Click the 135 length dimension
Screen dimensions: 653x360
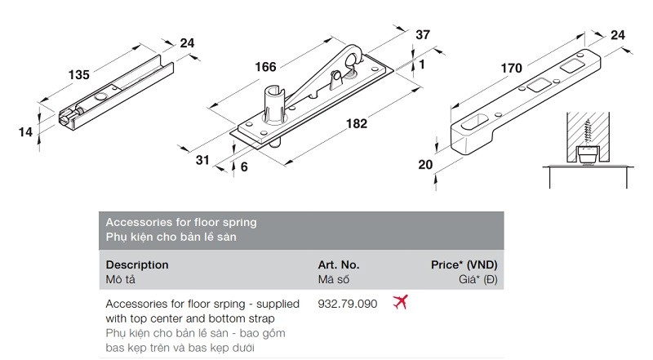(x=79, y=75)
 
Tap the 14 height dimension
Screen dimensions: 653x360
(x=25, y=132)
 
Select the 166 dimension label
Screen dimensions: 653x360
(x=265, y=67)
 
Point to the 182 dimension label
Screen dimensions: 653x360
(x=357, y=124)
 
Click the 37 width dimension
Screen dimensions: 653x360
(x=423, y=34)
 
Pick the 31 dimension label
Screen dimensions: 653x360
(x=202, y=160)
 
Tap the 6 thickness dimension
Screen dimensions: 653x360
(x=244, y=167)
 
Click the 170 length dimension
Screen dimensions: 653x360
(x=512, y=68)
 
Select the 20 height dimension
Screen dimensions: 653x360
(x=425, y=165)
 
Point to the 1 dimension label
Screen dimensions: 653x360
(x=422, y=64)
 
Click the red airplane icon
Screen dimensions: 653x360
(x=400, y=302)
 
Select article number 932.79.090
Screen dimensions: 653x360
(x=348, y=304)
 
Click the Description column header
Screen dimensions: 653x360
(x=137, y=265)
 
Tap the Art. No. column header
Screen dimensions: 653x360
(x=339, y=265)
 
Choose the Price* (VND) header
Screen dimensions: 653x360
(x=464, y=265)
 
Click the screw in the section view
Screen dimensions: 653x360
(x=588, y=132)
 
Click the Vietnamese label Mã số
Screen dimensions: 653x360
(x=334, y=279)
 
